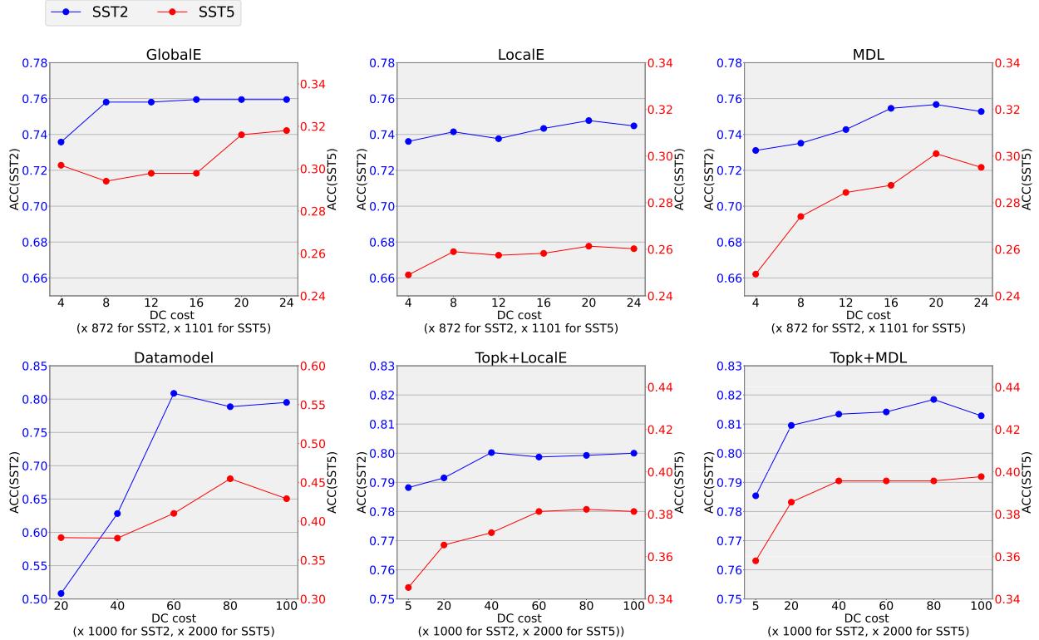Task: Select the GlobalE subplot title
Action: [x=174, y=55]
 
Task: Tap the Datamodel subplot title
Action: [x=174, y=357]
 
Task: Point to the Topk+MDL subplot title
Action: [x=869, y=357]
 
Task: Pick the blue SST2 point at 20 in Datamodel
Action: [x=61, y=593]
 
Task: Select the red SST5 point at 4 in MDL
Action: [x=756, y=274]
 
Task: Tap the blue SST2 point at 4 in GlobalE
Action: [x=61, y=142]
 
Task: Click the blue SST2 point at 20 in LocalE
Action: [x=588, y=121]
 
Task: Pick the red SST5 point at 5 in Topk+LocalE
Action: [x=408, y=588]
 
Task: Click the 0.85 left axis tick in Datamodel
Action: [x=33, y=366]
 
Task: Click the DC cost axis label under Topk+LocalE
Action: [x=520, y=618]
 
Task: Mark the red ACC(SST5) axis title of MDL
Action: [x=1025, y=179]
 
